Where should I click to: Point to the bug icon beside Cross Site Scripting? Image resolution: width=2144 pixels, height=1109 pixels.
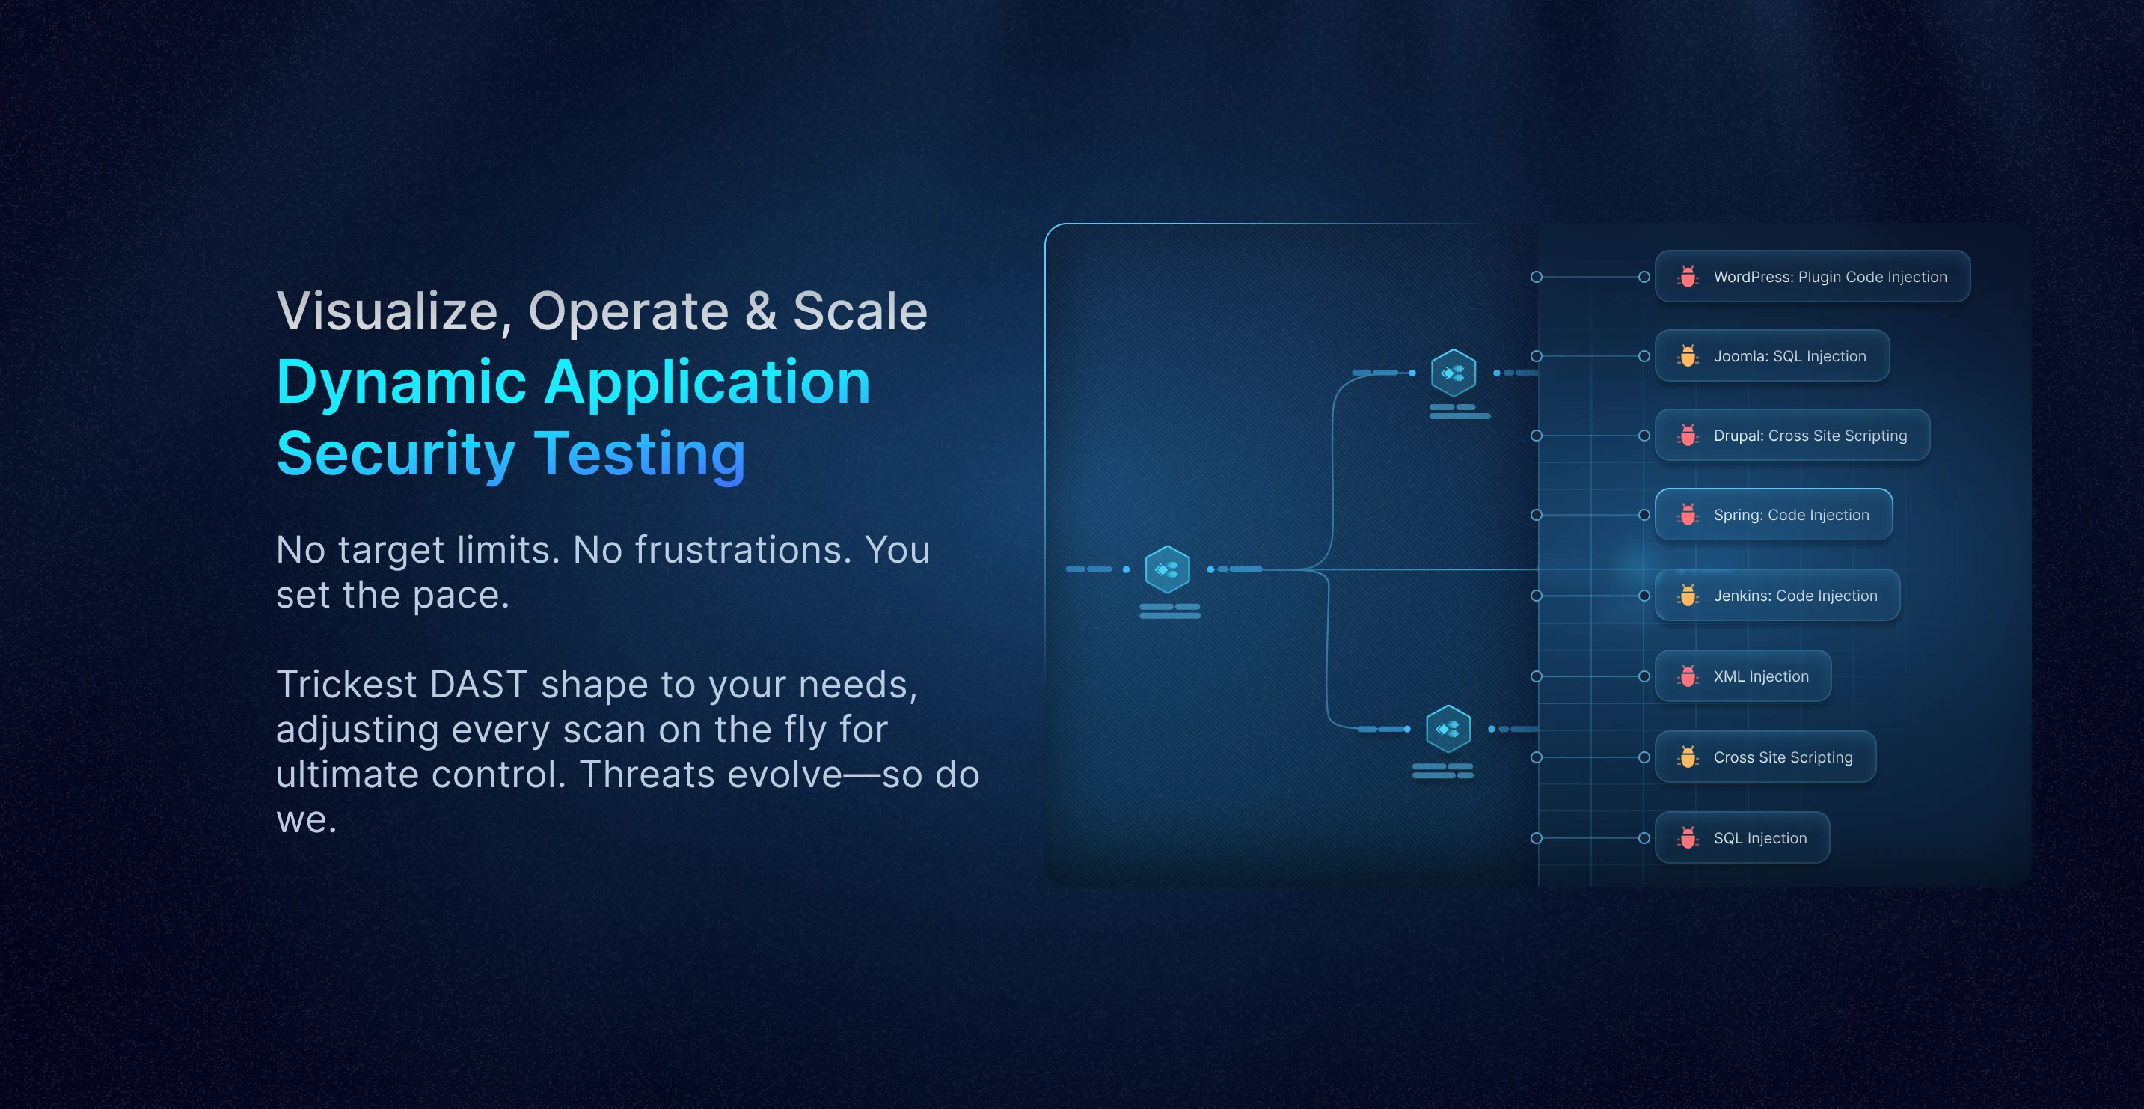point(1687,757)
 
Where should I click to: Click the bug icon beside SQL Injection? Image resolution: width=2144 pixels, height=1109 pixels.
point(1687,837)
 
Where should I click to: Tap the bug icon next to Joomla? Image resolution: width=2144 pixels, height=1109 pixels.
point(1687,356)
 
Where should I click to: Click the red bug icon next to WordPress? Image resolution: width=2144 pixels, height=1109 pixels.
point(1687,276)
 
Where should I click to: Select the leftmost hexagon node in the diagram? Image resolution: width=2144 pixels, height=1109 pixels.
point(1167,569)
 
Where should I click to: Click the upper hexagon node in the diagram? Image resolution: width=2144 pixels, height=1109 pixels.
point(1454,372)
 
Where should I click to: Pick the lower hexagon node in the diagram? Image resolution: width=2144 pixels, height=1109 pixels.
point(1448,730)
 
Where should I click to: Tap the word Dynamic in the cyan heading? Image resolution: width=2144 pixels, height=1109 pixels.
point(401,383)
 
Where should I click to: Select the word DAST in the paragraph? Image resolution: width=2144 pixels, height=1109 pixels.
point(479,685)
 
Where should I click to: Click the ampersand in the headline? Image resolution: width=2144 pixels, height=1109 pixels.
point(760,311)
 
